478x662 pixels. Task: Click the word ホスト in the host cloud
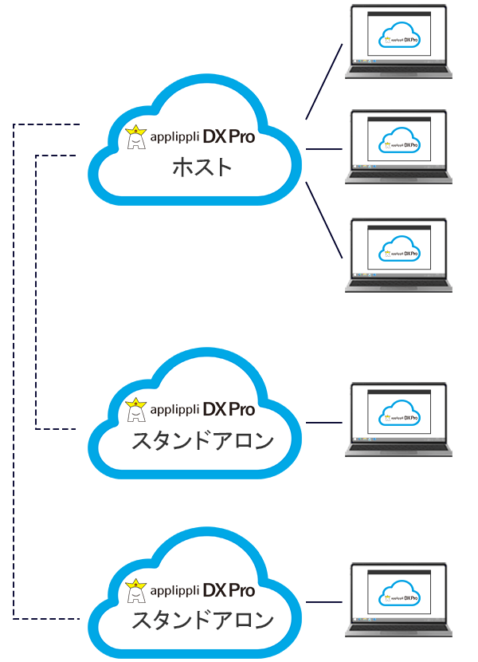tap(202, 168)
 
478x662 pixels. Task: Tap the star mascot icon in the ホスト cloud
tap(136, 138)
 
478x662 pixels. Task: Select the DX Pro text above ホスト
tap(229, 137)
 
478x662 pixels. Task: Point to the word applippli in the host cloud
tap(173, 138)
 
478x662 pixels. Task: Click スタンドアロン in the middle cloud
tap(202, 440)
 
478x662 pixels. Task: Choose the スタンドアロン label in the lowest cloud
tap(202, 620)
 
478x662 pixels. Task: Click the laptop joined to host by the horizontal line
tap(399, 148)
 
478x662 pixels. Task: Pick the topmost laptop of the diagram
tap(399, 41)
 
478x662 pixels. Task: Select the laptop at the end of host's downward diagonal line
tap(399, 254)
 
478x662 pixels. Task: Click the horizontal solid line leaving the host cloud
tap(324, 149)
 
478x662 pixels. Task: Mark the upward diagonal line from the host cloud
tap(324, 81)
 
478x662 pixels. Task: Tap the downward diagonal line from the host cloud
tap(324, 220)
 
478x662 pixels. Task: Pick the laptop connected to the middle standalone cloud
tap(399, 420)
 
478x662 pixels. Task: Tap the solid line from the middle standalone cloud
tap(324, 422)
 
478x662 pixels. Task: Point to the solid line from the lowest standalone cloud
tap(324, 602)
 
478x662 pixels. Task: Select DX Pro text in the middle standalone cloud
tap(229, 409)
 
